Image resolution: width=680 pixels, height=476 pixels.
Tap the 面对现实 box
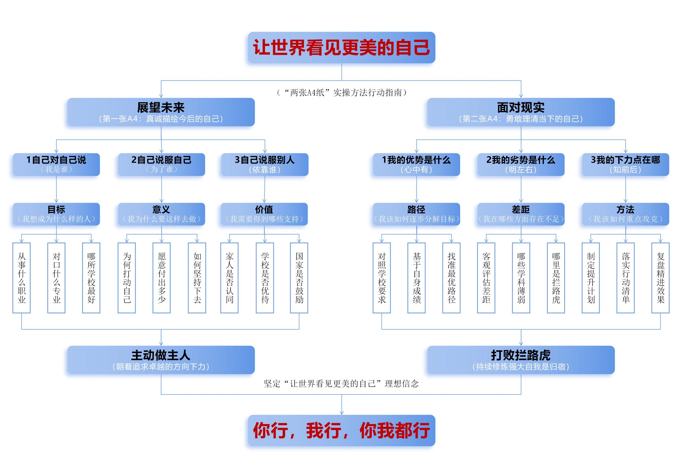point(521,112)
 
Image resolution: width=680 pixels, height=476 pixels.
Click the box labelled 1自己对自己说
point(56,164)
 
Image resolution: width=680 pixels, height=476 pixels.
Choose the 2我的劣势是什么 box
point(521,164)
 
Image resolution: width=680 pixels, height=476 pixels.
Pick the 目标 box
point(56,214)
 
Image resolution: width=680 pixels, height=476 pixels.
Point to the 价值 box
point(264,214)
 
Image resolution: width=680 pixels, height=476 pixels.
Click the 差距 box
point(521,214)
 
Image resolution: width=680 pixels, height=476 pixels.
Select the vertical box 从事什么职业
point(22,278)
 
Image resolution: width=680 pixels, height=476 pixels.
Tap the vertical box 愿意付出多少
point(161,278)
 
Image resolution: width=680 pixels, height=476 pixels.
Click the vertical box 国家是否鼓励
point(299,278)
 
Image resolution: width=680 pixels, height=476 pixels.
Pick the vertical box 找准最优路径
point(451,278)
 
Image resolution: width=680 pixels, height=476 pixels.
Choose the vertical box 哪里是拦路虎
point(556,278)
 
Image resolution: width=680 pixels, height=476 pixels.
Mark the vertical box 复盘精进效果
point(660,278)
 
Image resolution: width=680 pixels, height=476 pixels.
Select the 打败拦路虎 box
point(521,360)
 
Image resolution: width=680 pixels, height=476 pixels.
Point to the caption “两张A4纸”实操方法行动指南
point(342,93)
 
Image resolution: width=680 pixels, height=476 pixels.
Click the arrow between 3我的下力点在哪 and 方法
point(626,190)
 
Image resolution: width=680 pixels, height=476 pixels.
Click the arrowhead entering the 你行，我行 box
point(342,413)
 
